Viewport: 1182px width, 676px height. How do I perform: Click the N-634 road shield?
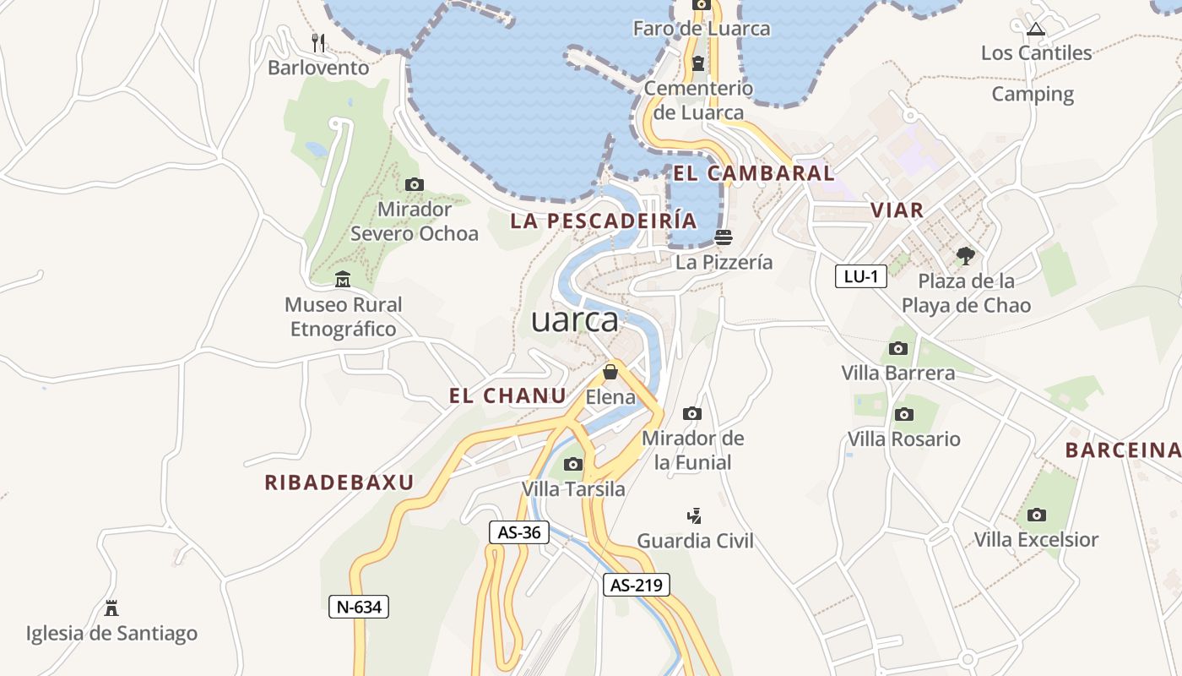(358, 606)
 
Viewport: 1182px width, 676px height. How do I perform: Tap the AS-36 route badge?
(519, 532)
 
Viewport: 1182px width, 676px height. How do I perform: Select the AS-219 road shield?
(636, 585)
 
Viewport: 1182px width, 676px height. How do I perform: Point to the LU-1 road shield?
(860, 276)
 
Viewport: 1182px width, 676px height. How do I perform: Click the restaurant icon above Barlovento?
(318, 42)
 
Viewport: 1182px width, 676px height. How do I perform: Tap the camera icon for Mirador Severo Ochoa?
(414, 184)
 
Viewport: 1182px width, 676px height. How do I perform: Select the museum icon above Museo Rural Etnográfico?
(343, 280)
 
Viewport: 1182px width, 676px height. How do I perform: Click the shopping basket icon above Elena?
(610, 372)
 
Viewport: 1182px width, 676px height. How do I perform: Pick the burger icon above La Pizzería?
(723, 237)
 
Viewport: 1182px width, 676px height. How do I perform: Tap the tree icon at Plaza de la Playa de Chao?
(966, 255)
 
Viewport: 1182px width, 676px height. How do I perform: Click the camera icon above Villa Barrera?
(898, 348)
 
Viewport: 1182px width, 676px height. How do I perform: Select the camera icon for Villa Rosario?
(904, 414)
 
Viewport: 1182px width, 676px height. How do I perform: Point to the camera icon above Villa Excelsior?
(1037, 515)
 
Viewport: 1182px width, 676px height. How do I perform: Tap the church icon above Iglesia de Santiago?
(111, 608)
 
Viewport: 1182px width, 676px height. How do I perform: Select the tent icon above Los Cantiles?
(1036, 29)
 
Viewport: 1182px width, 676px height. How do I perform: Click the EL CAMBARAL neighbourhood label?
(754, 173)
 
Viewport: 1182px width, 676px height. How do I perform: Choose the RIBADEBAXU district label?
(339, 482)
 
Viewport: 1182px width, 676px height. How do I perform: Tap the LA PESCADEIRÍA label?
(604, 221)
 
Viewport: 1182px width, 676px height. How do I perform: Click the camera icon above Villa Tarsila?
(573, 464)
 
